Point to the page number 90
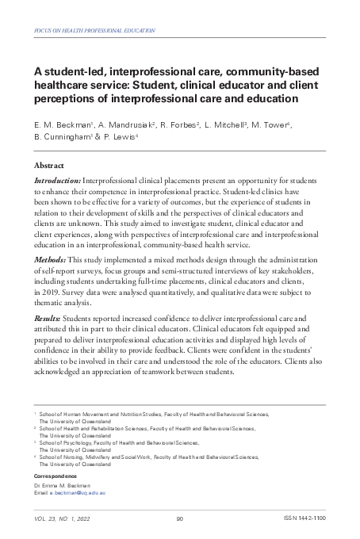(180, 519)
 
